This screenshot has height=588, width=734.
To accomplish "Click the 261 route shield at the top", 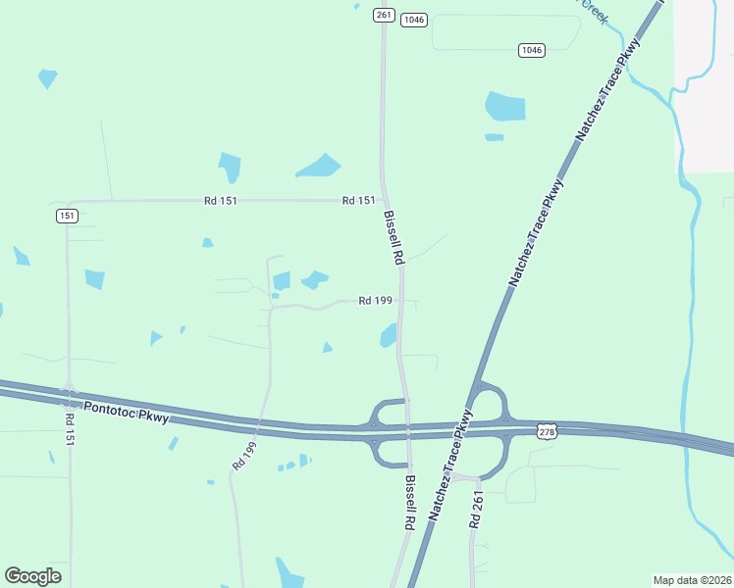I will tap(383, 15).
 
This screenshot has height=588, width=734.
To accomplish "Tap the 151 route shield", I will tap(67, 216).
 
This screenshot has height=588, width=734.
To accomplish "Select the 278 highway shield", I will tap(548, 431).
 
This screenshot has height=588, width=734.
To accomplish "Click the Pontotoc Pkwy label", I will tap(127, 413).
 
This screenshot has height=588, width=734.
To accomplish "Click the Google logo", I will tap(32, 576).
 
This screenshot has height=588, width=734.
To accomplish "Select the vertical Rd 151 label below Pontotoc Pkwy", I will tap(70, 431).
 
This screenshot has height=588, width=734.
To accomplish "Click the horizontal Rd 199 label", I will tap(376, 301).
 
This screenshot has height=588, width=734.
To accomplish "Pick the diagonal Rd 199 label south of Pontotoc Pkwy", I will tap(244, 452).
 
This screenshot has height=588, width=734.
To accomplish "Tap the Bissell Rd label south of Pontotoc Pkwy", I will tap(411, 504).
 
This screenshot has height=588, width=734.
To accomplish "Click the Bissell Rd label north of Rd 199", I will tap(394, 238).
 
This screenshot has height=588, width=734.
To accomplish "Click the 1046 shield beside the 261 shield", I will tap(414, 20).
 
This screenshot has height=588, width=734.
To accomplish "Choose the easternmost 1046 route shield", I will tap(531, 50).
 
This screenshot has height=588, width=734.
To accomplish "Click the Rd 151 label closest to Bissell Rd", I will tap(358, 201).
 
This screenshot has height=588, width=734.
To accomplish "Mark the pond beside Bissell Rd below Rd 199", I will tap(389, 336).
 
